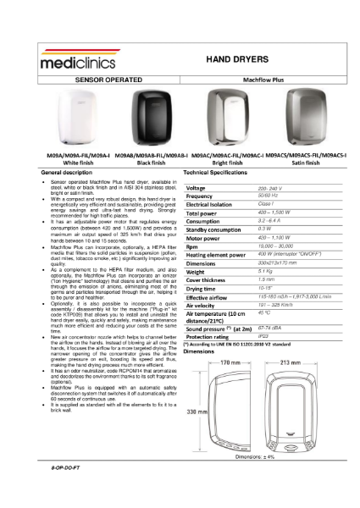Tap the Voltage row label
pyautogui.click(x=196, y=188)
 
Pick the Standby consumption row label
pyautogui.click(x=212, y=229)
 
